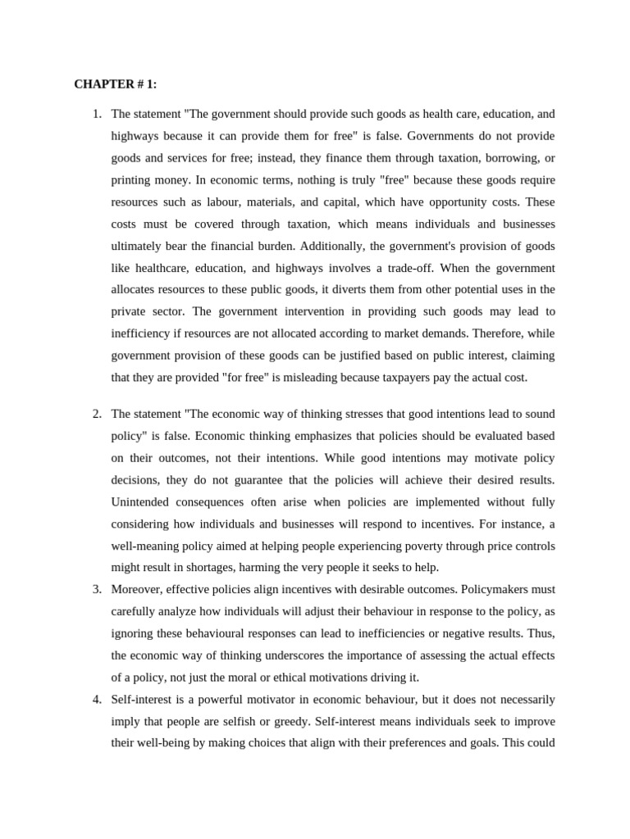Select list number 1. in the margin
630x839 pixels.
pos(97,114)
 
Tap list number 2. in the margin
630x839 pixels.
pos(97,414)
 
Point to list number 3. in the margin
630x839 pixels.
pos(97,589)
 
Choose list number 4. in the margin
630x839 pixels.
pos(97,699)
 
